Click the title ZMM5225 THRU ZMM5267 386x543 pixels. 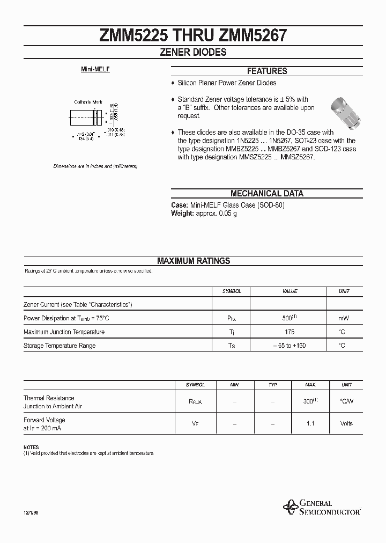[x=193, y=35]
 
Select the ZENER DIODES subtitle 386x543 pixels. [x=193, y=53]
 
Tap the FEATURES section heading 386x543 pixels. [x=266, y=71]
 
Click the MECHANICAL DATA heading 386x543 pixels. [x=266, y=194]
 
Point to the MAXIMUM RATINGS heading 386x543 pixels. [x=193, y=261]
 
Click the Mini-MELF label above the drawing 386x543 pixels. [x=95, y=70]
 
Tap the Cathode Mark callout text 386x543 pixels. [x=88, y=102]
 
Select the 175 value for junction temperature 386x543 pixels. [x=289, y=332]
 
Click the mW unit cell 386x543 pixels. [x=344, y=319]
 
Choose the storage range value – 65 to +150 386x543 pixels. [x=289, y=346]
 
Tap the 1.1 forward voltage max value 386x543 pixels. [x=310, y=424]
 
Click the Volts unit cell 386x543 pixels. [x=346, y=424]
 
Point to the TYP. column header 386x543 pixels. [x=273, y=385]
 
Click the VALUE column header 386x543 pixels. [x=289, y=291]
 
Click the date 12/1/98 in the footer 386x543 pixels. [x=32, y=513]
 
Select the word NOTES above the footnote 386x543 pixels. [x=31, y=447]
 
